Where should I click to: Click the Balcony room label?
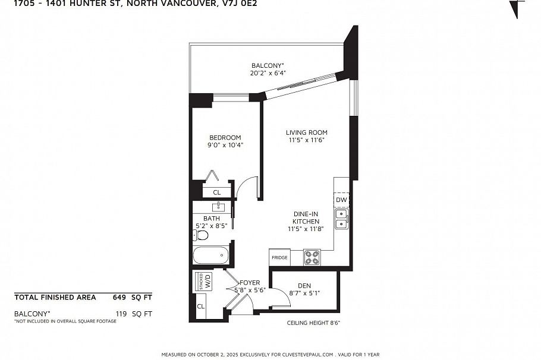point(267,65)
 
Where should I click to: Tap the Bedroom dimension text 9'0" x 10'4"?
point(225,145)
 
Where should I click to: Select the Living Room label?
point(306,132)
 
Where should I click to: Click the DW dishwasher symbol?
point(341,200)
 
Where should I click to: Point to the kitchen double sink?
point(341,219)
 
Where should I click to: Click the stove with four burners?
point(312,257)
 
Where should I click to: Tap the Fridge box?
point(279,257)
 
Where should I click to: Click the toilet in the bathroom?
point(202,235)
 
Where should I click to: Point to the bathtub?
point(210,256)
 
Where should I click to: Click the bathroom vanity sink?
point(219,206)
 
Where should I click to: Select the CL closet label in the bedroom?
point(216,192)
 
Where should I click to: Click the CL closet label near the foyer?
point(200,307)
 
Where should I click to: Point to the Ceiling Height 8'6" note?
point(313,323)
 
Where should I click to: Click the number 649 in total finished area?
point(120,297)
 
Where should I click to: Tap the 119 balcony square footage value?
point(121,313)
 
